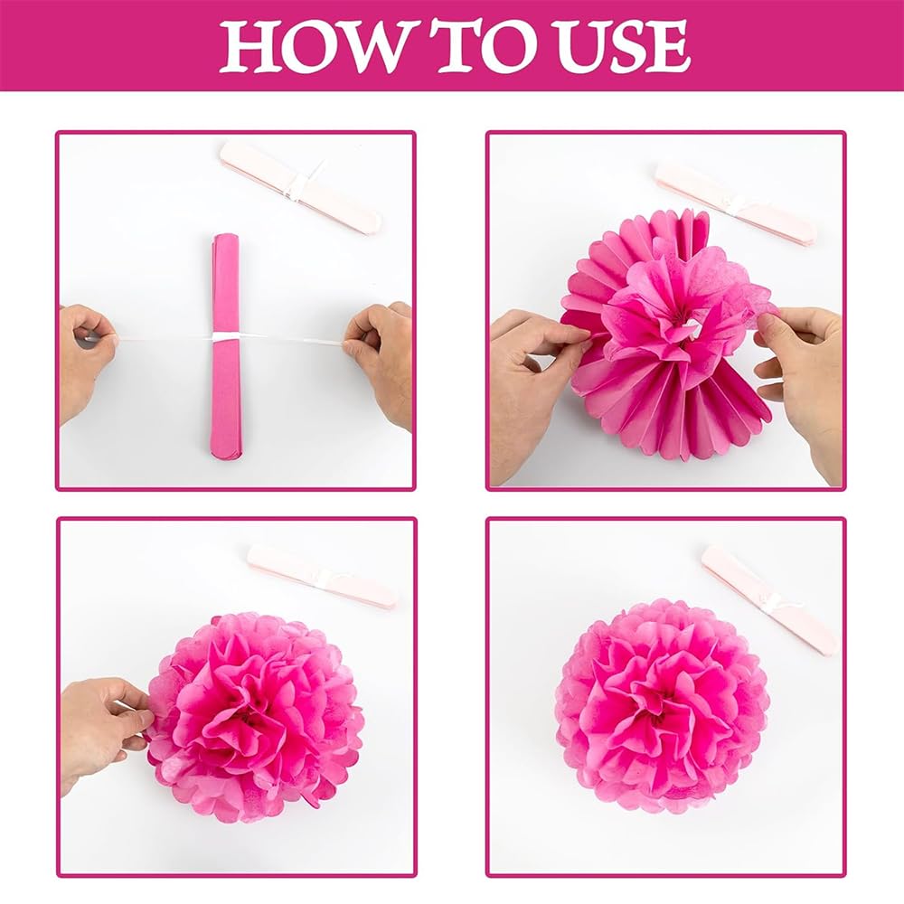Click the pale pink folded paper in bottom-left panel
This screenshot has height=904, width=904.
[x=322, y=576]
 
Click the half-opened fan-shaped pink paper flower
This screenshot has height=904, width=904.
[x=664, y=344]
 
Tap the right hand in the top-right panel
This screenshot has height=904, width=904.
[x=805, y=371]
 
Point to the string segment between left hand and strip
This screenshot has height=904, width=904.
[x=163, y=340]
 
